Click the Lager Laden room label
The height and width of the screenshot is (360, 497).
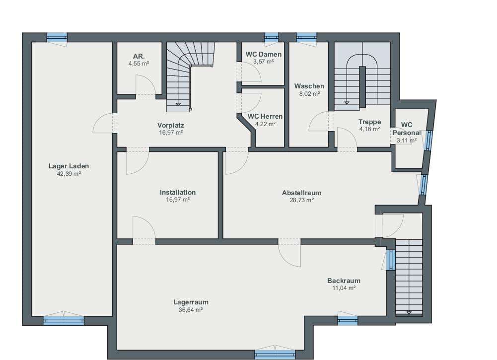point(69,166)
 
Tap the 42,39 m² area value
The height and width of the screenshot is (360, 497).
point(69,174)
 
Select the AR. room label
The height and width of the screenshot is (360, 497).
point(139,57)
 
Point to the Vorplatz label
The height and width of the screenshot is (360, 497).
point(170,125)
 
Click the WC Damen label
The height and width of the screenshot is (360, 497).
point(264,54)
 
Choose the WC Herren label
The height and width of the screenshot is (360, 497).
point(265,116)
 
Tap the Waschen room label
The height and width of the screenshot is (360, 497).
point(309,86)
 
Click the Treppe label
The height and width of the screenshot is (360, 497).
point(369,122)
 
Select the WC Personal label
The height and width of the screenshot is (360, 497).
point(407,129)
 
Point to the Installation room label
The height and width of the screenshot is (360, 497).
point(178,192)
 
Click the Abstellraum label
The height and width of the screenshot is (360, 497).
point(301,193)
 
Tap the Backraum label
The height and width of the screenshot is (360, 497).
point(344,281)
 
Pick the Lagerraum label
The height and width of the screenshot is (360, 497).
point(191,302)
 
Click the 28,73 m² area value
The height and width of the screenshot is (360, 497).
point(302,200)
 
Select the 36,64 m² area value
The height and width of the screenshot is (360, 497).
point(191,310)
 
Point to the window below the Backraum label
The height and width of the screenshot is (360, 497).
point(348,321)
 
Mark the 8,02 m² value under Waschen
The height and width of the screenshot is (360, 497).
point(309,94)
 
